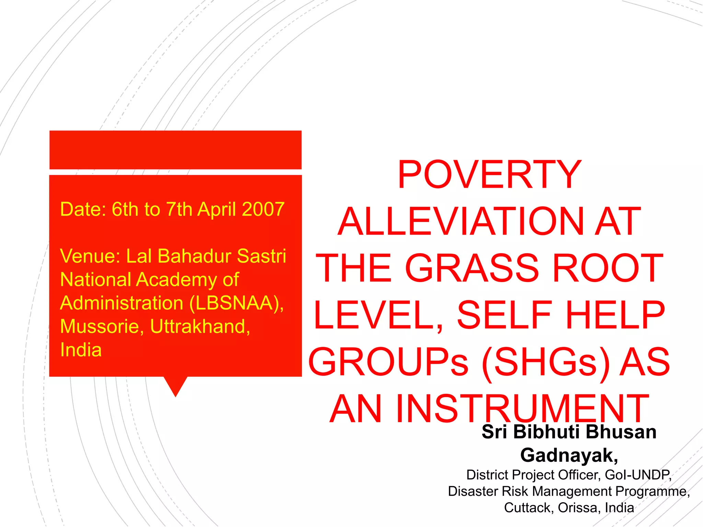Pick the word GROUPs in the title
388,362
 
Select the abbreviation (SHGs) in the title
546,362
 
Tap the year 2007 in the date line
263,209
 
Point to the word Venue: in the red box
90,256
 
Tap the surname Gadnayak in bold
568,455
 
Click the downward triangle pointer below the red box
175,385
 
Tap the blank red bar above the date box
175,150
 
